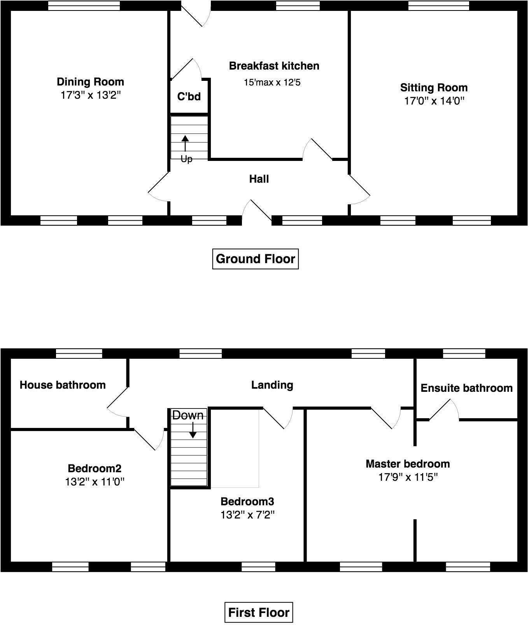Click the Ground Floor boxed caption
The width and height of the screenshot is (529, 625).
tap(255, 259)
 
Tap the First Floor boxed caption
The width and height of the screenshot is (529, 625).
tap(259, 613)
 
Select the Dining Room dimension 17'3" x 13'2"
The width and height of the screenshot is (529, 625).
tap(91, 95)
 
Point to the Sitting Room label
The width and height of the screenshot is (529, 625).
tap(434, 87)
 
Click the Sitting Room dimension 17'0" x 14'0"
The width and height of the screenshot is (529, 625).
tap(434, 101)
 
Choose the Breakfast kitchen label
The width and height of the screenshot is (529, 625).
tap(274, 66)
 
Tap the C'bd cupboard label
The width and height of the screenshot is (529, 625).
tap(189, 96)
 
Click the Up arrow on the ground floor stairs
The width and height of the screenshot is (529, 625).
tap(185, 143)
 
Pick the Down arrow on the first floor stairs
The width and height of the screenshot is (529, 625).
tap(193, 430)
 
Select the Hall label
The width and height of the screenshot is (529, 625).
tap(259, 179)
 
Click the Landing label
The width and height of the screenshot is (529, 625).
tap(272, 385)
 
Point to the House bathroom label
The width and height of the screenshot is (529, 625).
tap(63, 385)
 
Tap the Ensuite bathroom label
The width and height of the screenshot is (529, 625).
tap(466, 388)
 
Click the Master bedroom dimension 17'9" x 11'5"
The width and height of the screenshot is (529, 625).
tap(408, 477)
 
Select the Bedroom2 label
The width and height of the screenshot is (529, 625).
tap(95, 468)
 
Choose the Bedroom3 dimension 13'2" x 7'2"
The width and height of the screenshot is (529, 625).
tap(247, 515)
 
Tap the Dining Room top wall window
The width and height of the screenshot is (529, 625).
tap(84, 5)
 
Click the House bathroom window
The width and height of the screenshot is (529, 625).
tap(79, 353)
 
